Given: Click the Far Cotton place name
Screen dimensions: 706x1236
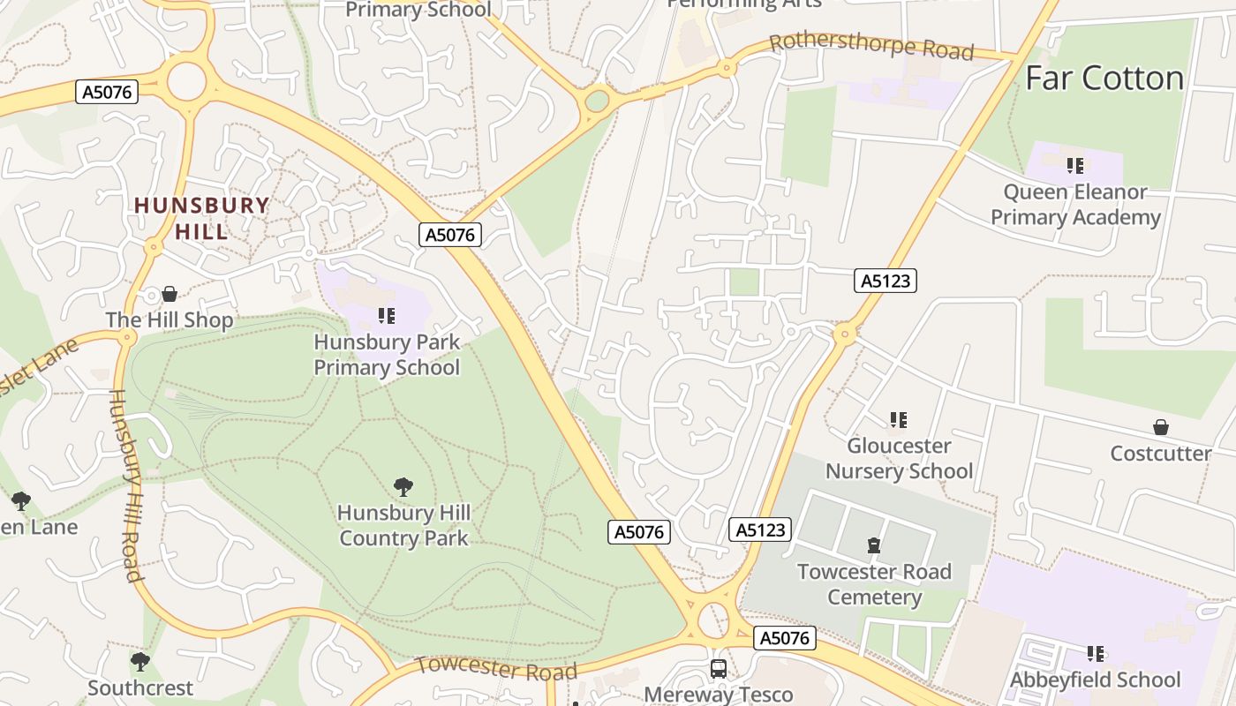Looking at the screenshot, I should tap(1104, 79).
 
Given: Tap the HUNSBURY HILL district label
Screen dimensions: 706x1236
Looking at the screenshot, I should tap(201, 218).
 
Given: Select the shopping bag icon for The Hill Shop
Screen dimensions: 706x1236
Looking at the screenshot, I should tap(170, 294).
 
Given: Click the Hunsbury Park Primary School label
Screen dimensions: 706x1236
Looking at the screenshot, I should tap(387, 354).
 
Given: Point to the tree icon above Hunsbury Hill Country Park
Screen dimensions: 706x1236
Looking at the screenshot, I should tap(403, 486).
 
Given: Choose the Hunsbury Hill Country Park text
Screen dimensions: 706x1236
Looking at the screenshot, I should tap(403, 525).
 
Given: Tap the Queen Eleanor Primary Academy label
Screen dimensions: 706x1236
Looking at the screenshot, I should tap(1074, 205).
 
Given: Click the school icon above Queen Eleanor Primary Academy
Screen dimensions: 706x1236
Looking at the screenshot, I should tap(1074, 165).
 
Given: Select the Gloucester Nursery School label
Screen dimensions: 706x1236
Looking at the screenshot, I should tap(899, 458).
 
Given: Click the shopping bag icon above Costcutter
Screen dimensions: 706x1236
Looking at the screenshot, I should tap(1161, 427).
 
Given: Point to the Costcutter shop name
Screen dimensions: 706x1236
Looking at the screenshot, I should tap(1161, 454).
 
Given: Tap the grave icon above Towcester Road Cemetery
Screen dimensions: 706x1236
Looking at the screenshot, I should tap(874, 545).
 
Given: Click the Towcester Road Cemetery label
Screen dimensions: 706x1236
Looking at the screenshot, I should tap(874, 584).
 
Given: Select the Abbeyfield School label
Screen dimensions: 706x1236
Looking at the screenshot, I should tap(1095, 680).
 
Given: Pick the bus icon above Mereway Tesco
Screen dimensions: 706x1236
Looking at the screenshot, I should tap(719, 668).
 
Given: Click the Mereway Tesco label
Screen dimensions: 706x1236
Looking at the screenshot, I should tap(719, 695).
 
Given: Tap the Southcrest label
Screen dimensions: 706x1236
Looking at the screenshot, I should tap(140, 687).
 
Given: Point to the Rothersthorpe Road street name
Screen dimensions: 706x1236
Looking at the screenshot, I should tap(871, 46).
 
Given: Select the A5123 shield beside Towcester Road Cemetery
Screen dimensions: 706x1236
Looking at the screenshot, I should tap(760, 529).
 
